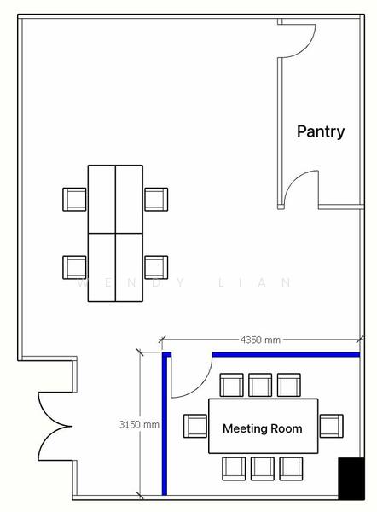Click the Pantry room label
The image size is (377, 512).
click(x=321, y=131)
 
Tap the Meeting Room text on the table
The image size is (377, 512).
click(x=262, y=428)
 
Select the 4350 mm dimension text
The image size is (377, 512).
click(x=260, y=340)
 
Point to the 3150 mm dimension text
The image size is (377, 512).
click(x=139, y=423)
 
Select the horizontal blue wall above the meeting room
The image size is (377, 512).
click(x=285, y=354)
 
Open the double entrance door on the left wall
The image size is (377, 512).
click(x=53, y=422)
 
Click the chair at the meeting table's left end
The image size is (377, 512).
click(x=195, y=425)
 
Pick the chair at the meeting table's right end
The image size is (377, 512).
click(x=331, y=425)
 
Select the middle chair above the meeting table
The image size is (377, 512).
click(x=260, y=385)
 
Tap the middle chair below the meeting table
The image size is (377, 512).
click(x=262, y=467)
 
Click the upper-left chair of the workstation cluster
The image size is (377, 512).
click(x=75, y=199)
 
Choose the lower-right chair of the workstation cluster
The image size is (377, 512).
click(x=155, y=266)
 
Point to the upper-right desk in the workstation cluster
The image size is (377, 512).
click(x=129, y=199)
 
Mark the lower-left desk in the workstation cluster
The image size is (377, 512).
click(x=101, y=266)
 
